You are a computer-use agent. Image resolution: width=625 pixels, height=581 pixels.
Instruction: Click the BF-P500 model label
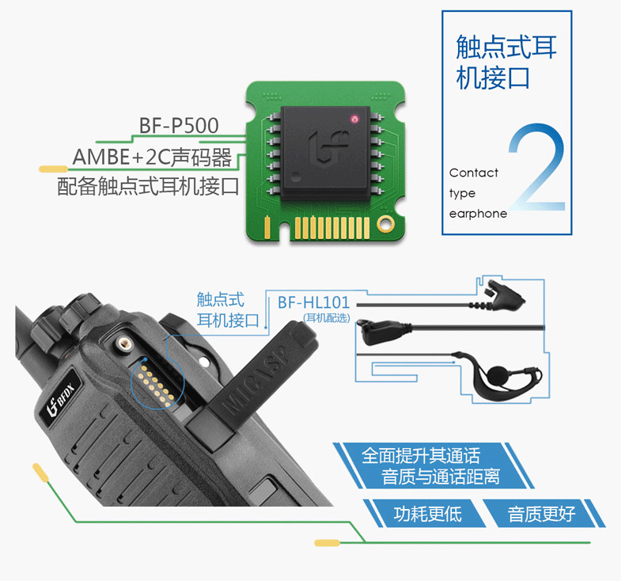click(179, 125)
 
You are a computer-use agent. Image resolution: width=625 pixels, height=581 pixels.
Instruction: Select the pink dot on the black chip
click(354, 119)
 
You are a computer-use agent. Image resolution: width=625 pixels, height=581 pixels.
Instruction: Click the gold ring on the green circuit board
click(385, 224)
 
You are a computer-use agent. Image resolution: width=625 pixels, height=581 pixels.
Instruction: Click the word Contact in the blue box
click(474, 173)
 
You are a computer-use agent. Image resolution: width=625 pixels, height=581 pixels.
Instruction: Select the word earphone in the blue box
click(478, 214)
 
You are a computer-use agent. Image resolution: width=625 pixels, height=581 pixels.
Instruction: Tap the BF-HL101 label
click(314, 302)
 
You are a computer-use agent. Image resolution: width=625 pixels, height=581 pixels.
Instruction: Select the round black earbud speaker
click(498, 375)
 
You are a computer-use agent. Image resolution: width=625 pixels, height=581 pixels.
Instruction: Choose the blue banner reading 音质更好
click(541, 514)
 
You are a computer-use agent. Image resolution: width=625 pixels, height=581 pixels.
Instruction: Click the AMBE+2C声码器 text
click(152, 157)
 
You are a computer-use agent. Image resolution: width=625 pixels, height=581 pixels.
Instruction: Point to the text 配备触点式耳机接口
click(148, 186)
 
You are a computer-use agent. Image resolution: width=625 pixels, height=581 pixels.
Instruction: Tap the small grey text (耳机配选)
click(327, 318)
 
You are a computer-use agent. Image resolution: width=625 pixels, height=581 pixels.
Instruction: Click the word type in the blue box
click(462, 194)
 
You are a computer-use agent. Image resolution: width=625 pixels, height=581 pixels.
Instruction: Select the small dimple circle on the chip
click(295, 176)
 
